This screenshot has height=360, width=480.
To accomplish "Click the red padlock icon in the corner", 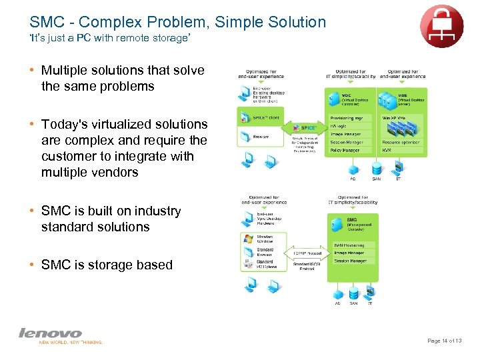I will click(441, 26).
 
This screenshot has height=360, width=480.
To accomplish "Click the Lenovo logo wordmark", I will click(50, 333).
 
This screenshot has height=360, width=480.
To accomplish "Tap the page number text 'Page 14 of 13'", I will click(448, 341).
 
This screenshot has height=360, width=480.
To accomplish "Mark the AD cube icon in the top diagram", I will click(353, 168).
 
